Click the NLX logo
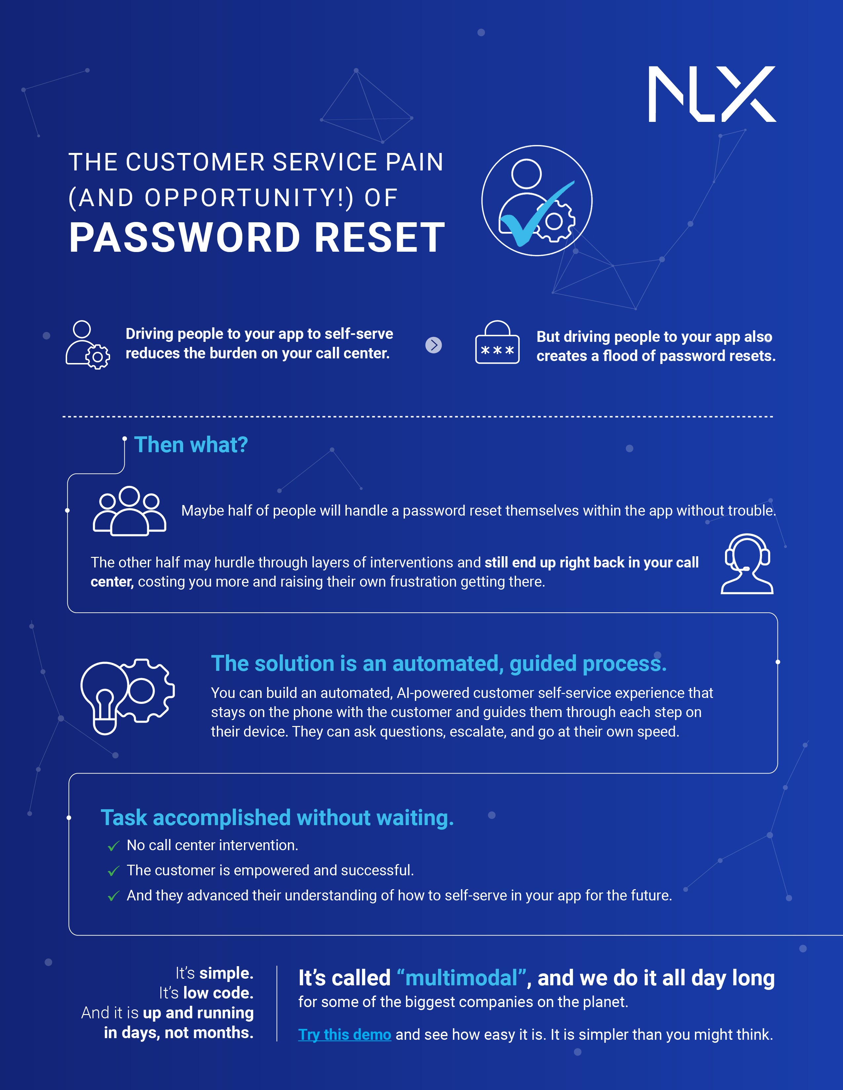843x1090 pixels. (712, 94)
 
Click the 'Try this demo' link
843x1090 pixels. (344, 1035)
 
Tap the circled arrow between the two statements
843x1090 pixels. (433, 345)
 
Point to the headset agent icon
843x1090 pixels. (747, 564)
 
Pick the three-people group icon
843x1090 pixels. (129, 511)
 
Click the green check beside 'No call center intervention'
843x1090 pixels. (114, 846)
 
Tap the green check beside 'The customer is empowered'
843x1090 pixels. (114, 871)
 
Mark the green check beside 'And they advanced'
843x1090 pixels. (114, 896)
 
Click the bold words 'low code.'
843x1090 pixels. (218, 993)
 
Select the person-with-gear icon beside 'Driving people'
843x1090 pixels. (88, 345)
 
